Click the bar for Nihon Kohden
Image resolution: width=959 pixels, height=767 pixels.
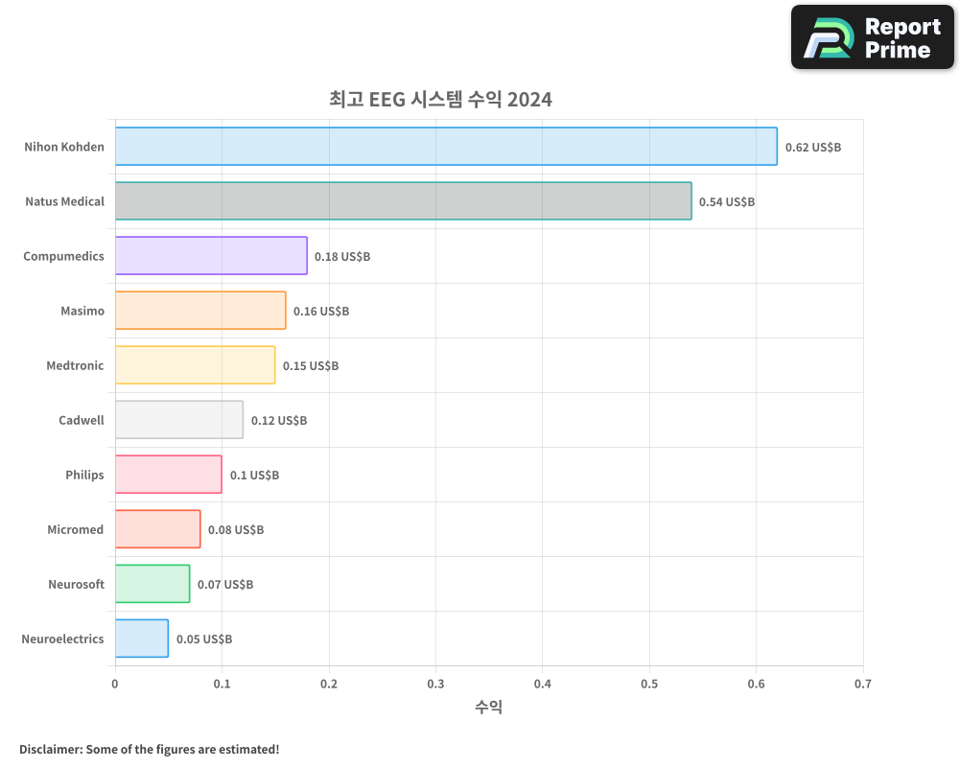(446, 147)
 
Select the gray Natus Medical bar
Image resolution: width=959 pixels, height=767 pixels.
(403, 201)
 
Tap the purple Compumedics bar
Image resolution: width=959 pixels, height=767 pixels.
(211, 256)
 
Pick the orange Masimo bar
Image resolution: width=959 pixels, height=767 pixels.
(200, 311)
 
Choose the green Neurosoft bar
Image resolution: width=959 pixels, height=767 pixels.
(152, 584)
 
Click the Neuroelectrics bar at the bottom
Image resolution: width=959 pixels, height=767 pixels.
(141, 639)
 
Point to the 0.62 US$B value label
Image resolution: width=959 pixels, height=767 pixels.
(812, 148)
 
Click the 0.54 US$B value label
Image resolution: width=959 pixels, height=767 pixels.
(726, 202)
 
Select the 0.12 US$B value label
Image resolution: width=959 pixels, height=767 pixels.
(278, 421)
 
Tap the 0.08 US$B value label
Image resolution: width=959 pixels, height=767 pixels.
(235, 530)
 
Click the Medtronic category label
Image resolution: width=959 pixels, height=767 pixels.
(75, 366)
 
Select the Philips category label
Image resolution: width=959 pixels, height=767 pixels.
(84, 476)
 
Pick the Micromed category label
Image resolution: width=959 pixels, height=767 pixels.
(75, 530)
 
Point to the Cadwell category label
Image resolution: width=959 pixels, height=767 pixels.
(81, 421)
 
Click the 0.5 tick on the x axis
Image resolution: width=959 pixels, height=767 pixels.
(649, 685)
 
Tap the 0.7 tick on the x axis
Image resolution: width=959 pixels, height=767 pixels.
(863, 685)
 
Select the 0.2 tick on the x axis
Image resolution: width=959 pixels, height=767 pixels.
(329, 685)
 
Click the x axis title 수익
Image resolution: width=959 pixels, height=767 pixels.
(488, 708)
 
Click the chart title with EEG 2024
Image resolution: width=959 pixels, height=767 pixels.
(440, 100)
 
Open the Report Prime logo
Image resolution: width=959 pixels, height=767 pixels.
(872, 37)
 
